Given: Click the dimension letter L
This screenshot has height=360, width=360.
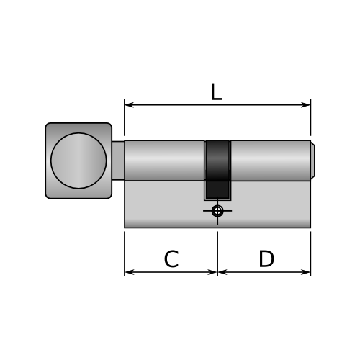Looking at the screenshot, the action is point(217,92).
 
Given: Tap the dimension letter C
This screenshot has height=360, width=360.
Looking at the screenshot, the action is point(171,258).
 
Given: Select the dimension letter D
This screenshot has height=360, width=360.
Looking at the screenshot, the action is point(266,258).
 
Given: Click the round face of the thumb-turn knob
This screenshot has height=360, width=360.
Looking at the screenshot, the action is point(78,161).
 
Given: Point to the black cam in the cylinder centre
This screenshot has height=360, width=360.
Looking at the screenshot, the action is point(217,169).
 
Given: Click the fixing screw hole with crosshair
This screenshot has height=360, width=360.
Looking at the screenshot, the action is point(217,211).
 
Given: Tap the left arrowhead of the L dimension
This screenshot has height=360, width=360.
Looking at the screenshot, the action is point(129,105).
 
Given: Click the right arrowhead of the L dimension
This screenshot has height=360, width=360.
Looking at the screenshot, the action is point(306,105).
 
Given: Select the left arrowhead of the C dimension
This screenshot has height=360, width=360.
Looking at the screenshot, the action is point(129,272).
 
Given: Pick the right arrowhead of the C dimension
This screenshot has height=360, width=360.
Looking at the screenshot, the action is point(212,272).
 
